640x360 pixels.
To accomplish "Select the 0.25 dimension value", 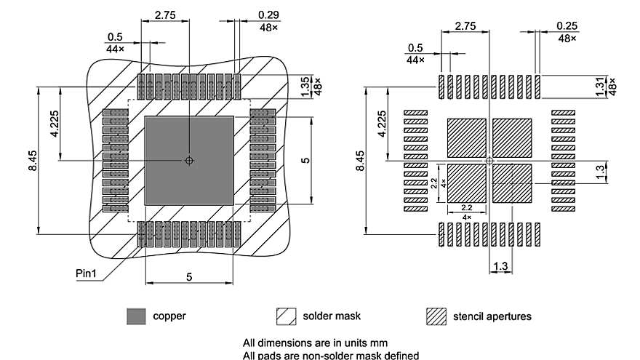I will (567, 25).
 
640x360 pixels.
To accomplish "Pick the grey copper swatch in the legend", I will (136, 316).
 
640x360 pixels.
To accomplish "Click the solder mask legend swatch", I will (287, 316).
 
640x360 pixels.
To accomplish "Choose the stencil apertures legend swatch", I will (436, 316).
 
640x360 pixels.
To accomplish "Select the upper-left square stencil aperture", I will (465, 137).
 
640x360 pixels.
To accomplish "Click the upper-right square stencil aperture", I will (512, 137).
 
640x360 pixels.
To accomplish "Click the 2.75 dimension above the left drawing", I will (165, 14).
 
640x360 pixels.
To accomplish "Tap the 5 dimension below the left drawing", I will (189, 276).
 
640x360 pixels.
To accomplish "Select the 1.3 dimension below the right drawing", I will (500, 267).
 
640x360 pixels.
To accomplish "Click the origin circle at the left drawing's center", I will (189, 160).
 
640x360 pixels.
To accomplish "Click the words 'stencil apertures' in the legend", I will (492, 316).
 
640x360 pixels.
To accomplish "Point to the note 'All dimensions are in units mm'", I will (316, 342).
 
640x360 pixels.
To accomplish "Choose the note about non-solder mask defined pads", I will (331, 355).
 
